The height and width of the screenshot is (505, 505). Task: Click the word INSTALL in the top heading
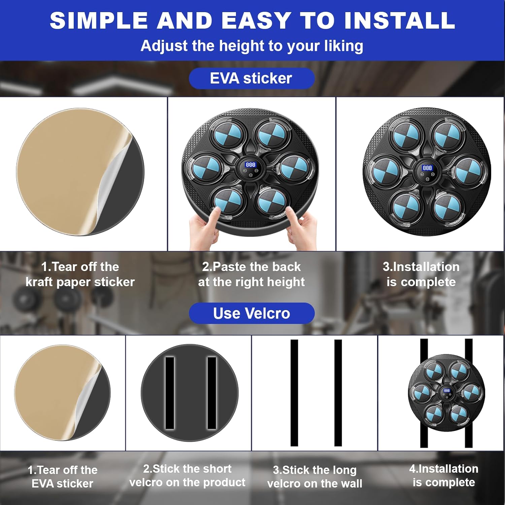pos(400,21)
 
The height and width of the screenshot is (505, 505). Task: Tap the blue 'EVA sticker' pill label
pos(252,78)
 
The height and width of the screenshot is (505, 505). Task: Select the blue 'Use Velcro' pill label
pos(252,313)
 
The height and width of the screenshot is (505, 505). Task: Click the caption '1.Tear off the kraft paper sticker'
pos(80,274)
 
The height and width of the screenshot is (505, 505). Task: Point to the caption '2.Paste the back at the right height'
pos(251,274)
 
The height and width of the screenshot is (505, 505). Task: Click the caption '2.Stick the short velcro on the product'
pos(188,475)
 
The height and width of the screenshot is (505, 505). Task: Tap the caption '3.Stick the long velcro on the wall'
pos(315,477)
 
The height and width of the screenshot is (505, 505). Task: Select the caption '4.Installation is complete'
pos(444,475)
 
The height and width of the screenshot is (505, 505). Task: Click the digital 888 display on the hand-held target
pos(250,165)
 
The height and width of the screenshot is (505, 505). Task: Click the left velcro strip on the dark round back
pos(170,393)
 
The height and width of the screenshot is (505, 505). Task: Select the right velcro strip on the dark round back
pos(212,393)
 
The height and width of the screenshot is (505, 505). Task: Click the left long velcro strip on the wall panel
pos(294,393)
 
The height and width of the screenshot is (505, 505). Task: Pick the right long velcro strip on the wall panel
pos(338,393)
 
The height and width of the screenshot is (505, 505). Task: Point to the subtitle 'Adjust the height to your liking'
pos(252,46)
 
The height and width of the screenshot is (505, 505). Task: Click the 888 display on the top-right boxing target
pos(427,168)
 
